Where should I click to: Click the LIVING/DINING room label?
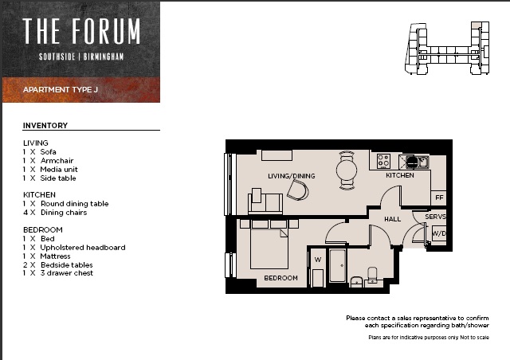click(x=292, y=176)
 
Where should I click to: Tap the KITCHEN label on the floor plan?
click(x=400, y=175)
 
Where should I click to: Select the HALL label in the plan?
click(x=392, y=219)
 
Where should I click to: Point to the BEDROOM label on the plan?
click(x=280, y=278)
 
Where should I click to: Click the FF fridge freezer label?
click(x=439, y=198)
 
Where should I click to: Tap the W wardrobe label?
click(x=318, y=260)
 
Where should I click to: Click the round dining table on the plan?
click(x=347, y=170)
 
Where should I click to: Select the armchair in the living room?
click(x=297, y=190)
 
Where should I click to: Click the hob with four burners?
click(x=383, y=161)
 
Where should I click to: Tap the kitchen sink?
click(x=422, y=162)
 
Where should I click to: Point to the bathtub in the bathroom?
click(x=337, y=266)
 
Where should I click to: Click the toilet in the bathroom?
click(x=372, y=276)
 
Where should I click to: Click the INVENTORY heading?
click(x=45, y=126)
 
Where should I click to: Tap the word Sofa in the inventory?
click(x=48, y=152)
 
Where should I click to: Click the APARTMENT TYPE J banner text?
click(x=61, y=89)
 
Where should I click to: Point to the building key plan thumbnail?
click(x=447, y=48)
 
